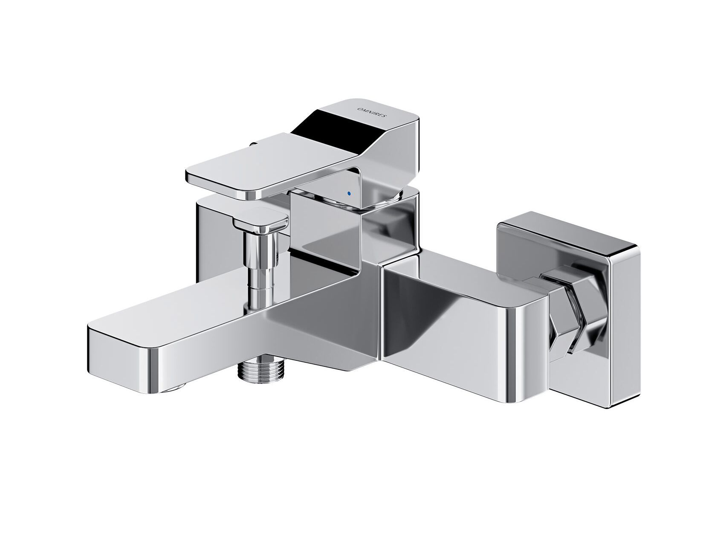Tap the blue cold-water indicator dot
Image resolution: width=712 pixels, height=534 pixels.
pos(350,194)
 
